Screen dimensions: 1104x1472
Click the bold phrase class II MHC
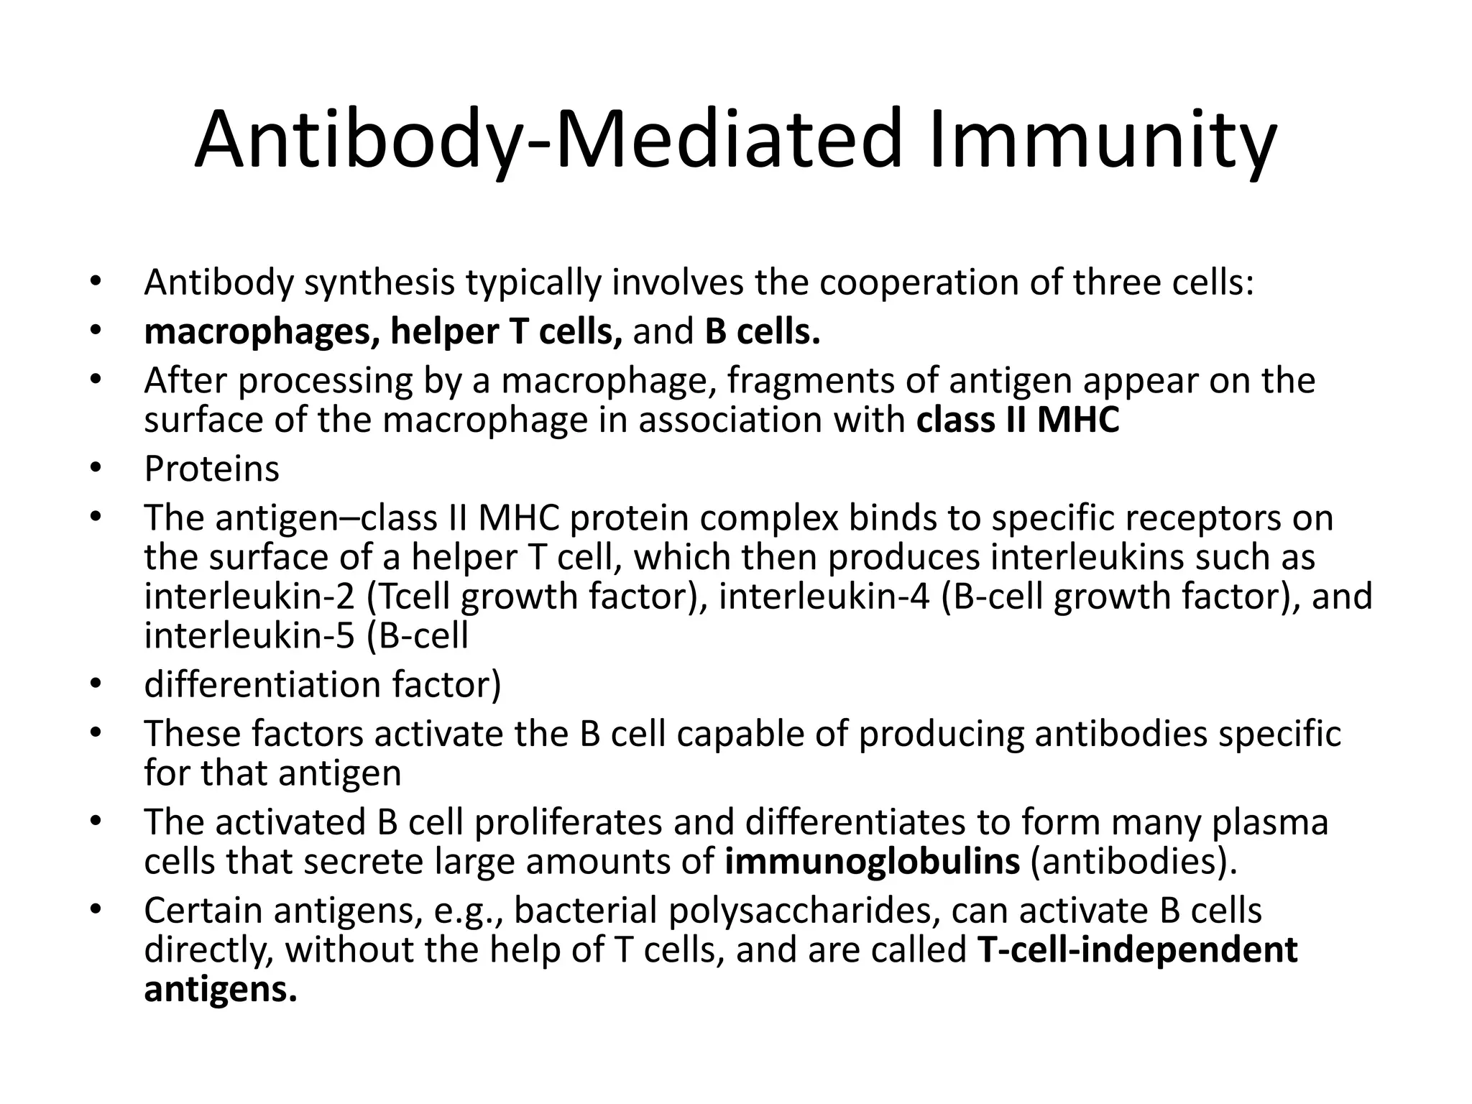click(x=1018, y=420)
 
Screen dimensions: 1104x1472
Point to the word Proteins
click(x=211, y=469)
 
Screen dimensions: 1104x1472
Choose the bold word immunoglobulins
click(x=872, y=862)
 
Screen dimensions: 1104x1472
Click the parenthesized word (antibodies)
click(x=1134, y=862)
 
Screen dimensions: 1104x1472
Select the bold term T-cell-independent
click(x=1137, y=950)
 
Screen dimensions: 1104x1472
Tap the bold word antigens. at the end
click(x=221, y=990)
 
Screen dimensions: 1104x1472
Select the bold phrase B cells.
click(x=762, y=332)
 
